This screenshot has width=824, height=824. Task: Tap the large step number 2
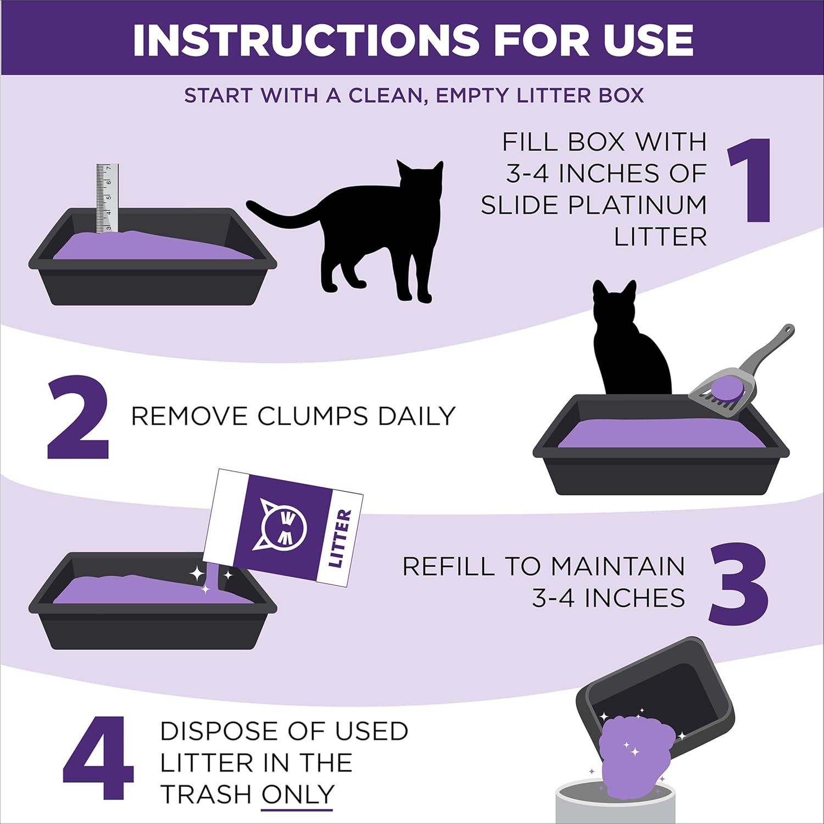pos(79,417)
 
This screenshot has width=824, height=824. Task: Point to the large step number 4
pos(99,758)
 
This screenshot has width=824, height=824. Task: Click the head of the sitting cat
pos(614,302)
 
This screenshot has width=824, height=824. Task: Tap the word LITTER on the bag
pos(339,538)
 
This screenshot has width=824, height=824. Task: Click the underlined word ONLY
pos(297,794)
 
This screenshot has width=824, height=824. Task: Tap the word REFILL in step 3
pos(449,566)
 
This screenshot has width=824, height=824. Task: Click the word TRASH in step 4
pos(206,794)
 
